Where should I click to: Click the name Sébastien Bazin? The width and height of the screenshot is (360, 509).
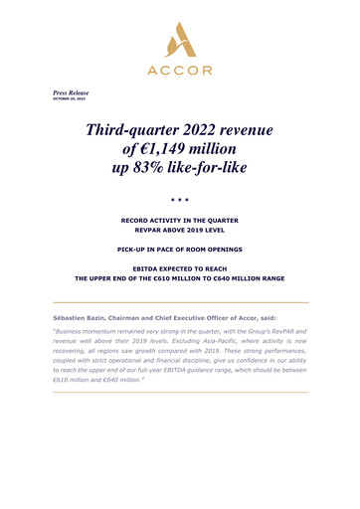pyautogui.click(x=80, y=310)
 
